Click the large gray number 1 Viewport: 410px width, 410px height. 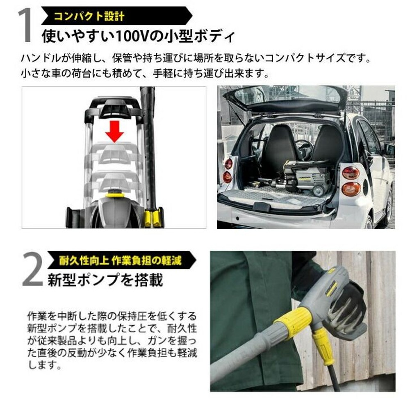tap(25, 25)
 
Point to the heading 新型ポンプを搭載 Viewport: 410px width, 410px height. tap(105, 280)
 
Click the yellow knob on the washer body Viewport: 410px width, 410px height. tap(115, 194)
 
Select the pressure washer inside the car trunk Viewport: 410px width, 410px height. tap(303, 177)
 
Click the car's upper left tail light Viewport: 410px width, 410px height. tap(228, 164)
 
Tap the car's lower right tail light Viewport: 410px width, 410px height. tap(351, 189)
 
